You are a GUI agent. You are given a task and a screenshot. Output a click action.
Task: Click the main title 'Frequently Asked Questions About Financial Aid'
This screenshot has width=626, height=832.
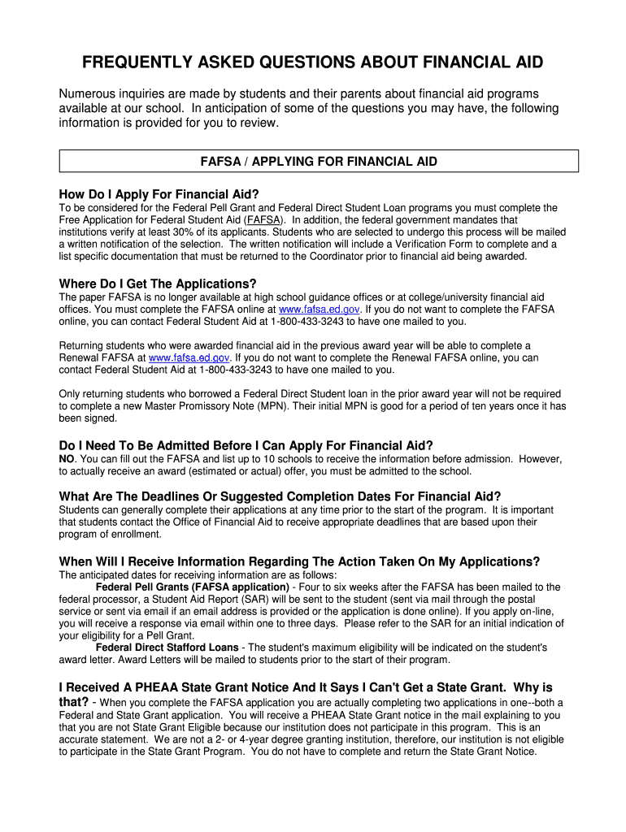[x=312, y=63]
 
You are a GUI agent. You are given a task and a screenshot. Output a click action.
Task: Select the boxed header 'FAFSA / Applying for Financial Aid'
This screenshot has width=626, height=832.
[x=319, y=162]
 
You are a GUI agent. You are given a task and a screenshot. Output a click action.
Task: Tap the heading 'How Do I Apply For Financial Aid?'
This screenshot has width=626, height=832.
[x=159, y=194]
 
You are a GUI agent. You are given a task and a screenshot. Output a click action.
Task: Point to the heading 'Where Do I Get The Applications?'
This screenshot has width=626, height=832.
[x=158, y=284]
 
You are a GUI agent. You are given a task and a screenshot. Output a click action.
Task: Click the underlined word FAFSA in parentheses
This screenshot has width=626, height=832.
[x=263, y=219]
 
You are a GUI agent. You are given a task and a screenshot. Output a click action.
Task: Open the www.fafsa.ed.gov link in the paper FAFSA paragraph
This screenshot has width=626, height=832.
[x=319, y=310]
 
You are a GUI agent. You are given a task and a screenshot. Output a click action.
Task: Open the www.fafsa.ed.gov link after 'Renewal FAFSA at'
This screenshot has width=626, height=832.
[x=189, y=357]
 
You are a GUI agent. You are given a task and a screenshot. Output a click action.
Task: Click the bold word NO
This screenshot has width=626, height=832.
[x=67, y=459]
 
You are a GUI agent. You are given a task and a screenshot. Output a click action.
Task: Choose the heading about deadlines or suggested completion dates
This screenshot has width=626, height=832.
[x=280, y=496]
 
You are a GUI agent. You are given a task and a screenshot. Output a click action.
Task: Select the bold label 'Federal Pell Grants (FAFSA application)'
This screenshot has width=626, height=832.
[x=192, y=587]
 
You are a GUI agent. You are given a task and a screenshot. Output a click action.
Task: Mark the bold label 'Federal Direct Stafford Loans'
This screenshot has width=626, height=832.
[x=167, y=648]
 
